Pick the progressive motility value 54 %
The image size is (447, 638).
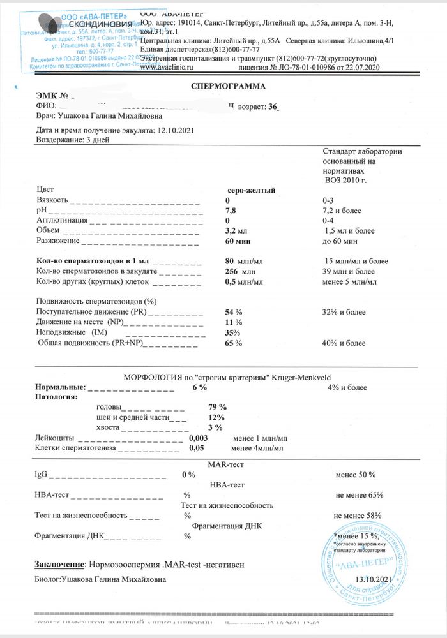[x=234, y=312]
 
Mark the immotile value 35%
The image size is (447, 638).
[x=232, y=332]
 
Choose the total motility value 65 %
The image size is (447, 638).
[x=234, y=343]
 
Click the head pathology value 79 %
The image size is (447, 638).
[x=218, y=407]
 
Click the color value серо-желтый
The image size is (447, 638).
[x=252, y=190]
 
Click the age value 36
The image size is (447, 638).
[x=275, y=107]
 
